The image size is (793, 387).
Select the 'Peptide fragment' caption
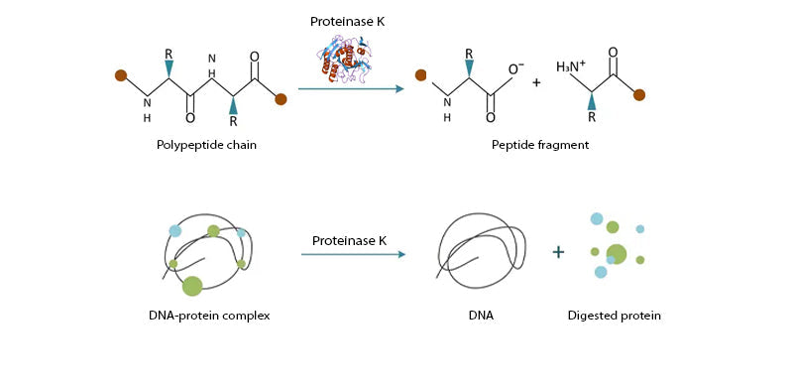[x=540, y=145]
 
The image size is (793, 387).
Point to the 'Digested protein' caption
[x=614, y=316]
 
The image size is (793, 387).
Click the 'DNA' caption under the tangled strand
[x=482, y=316]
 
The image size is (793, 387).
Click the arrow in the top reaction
[x=351, y=89]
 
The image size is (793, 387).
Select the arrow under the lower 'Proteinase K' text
[x=353, y=255]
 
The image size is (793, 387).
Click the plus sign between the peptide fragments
[x=536, y=82]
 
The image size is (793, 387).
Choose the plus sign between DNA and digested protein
[x=558, y=252]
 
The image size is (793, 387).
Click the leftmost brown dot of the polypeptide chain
[x=121, y=74]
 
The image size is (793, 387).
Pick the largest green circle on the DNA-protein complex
[x=192, y=286]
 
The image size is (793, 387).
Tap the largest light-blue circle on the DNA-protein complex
[x=175, y=231]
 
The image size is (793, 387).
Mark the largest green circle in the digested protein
[x=617, y=253]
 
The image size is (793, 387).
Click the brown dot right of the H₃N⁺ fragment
[x=639, y=95]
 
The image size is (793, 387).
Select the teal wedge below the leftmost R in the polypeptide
[x=170, y=67]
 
